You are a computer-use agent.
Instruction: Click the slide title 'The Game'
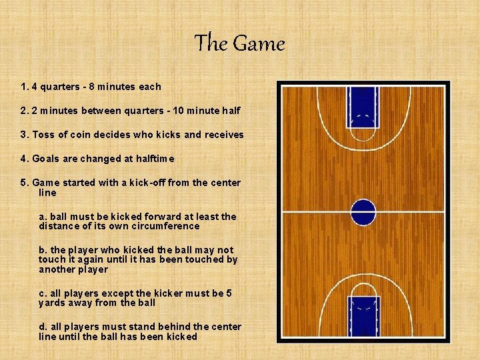[x=239, y=44]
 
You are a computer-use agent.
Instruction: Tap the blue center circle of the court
[x=363, y=212]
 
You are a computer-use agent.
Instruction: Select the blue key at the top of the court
[x=363, y=106]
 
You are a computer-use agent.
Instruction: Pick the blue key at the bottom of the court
[x=364, y=316]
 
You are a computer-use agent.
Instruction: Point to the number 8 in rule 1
[x=99, y=87]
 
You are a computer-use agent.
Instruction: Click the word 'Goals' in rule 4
[x=45, y=159]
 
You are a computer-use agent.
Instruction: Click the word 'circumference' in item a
[x=167, y=226]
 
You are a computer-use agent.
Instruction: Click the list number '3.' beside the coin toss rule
[x=25, y=135]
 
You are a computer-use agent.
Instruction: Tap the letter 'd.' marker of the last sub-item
[x=43, y=327]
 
